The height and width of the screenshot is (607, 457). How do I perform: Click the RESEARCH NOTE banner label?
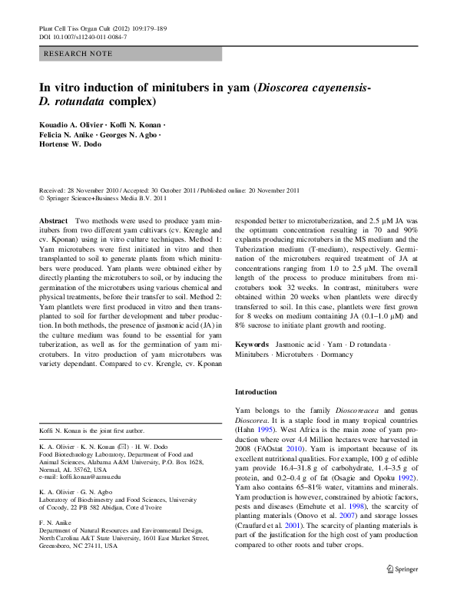(x=79, y=54)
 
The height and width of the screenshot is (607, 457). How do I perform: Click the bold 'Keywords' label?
(x=252, y=345)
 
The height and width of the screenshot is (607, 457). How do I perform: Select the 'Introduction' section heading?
(x=256, y=391)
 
